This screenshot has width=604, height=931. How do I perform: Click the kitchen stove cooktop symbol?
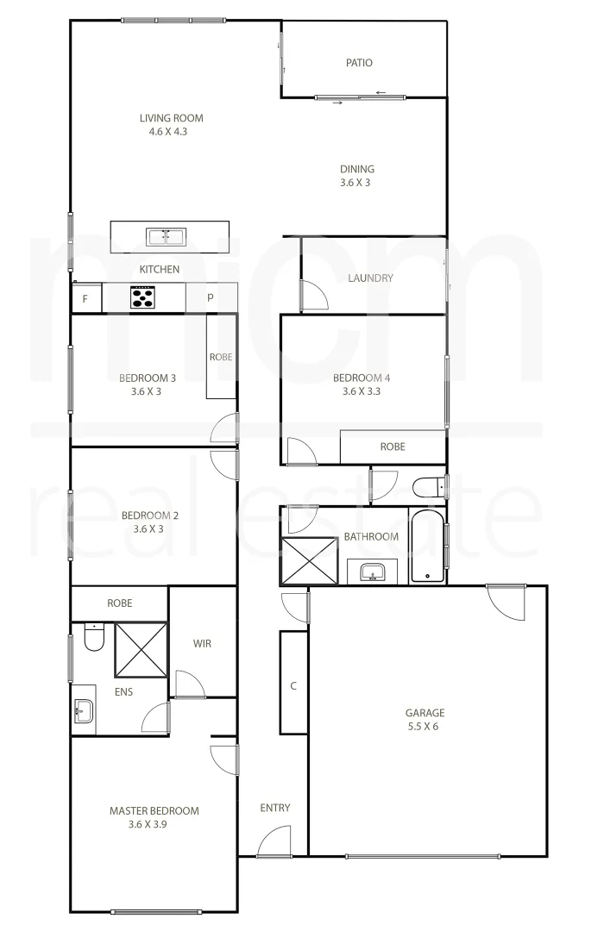click(142, 297)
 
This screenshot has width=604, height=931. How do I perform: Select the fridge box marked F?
click(85, 298)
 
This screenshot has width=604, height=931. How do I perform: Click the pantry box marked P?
click(211, 298)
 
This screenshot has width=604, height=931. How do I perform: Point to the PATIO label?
click(359, 63)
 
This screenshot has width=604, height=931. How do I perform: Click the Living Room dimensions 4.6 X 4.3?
click(171, 132)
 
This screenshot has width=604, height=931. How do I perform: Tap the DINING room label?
click(356, 169)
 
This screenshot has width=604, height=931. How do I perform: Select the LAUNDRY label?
click(370, 278)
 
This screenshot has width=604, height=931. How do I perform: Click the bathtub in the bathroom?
click(427, 547)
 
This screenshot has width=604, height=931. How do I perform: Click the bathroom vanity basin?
click(373, 572)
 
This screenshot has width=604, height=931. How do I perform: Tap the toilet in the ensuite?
click(93, 639)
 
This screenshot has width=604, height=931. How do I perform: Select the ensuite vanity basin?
click(85, 712)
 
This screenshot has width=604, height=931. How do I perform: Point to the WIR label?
click(202, 643)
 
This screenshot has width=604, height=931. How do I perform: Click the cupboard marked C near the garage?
click(293, 686)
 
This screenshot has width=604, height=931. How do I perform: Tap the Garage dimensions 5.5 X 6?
click(425, 726)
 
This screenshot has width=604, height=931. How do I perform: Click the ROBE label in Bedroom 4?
click(393, 447)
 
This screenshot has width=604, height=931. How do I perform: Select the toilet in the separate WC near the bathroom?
click(428, 489)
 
